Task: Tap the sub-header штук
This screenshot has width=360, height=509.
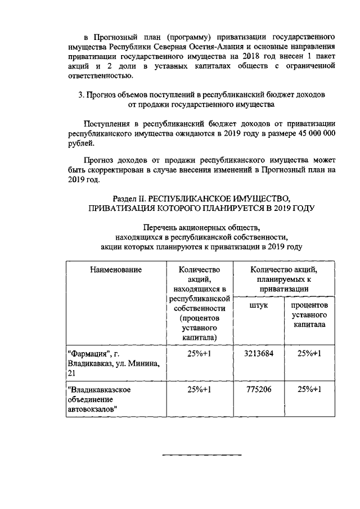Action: [x=259, y=305]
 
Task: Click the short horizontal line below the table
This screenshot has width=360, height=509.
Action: [x=202, y=454]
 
